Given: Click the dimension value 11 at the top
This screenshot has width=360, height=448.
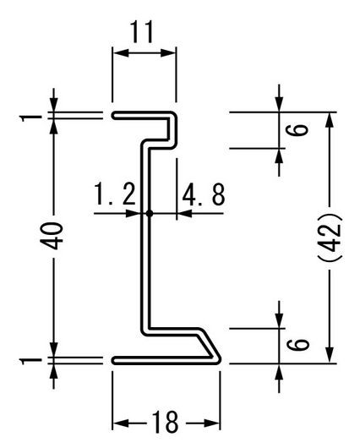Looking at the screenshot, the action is (142, 31).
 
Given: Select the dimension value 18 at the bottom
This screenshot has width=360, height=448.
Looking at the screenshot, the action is (166, 422).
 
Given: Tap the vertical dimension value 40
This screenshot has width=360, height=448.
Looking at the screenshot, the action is (52, 236).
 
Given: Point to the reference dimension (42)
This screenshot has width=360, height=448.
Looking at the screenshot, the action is (330, 237).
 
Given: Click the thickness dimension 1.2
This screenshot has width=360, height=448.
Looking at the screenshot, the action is (115, 194).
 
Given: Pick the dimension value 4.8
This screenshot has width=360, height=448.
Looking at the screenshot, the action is (204, 195).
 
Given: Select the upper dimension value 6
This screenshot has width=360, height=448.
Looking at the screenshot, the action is (297, 130).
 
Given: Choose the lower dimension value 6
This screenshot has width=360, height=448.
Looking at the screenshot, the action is (297, 344).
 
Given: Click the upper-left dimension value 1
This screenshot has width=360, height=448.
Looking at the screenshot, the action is (30, 117).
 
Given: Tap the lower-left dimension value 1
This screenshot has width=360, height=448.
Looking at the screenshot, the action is (30, 361).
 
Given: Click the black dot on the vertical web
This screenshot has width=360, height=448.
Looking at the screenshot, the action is (149, 213).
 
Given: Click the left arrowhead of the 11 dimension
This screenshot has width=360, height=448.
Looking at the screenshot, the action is (120, 53).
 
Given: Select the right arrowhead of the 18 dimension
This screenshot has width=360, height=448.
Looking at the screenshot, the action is (212, 423).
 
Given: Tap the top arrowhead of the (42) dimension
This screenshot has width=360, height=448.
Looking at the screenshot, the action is (330, 120).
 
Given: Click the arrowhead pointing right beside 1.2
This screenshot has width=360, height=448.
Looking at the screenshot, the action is (134, 213).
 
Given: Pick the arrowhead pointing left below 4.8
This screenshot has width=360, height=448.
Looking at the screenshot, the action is (184, 213).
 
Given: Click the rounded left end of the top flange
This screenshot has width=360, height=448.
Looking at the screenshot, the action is (113, 116).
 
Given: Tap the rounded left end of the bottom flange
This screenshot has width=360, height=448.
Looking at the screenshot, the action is (113, 361).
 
